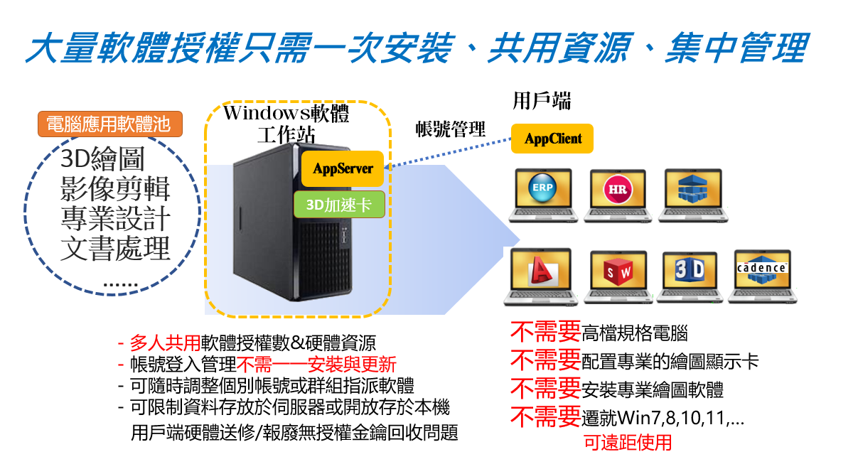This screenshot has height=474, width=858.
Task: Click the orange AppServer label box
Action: [x=343, y=169]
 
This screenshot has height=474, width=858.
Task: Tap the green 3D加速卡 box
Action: [x=339, y=205]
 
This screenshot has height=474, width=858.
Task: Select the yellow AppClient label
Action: [x=552, y=139]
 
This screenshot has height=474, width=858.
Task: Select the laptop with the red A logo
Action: [x=542, y=275]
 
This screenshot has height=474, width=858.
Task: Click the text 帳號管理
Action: [x=451, y=129]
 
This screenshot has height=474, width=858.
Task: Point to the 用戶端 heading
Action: [x=542, y=102]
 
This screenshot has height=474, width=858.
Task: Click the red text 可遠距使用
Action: [x=628, y=443]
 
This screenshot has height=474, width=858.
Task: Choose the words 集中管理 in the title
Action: [x=736, y=49]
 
